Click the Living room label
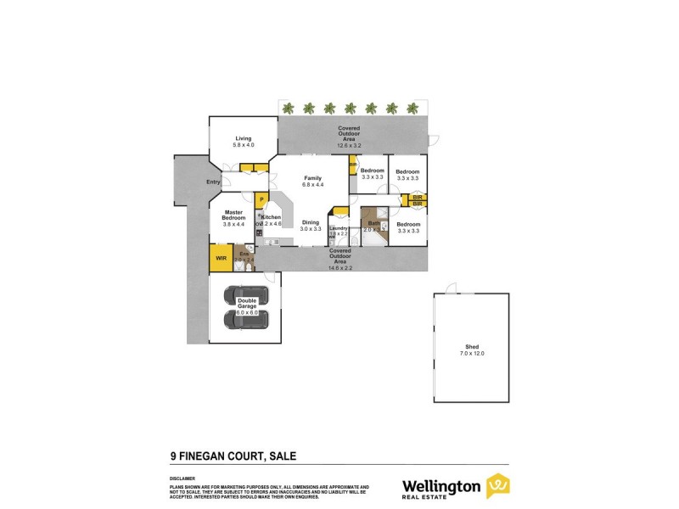(x=244, y=138)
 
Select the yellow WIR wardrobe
(x=221, y=257)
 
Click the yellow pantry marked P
(x=262, y=199)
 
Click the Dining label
(x=311, y=222)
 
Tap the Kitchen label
(x=272, y=217)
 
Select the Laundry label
(x=339, y=227)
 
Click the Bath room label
(x=374, y=223)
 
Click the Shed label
(x=473, y=346)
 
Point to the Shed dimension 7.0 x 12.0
(x=473, y=352)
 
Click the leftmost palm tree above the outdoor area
(x=289, y=108)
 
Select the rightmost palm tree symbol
(x=412, y=108)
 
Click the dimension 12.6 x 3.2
(x=349, y=145)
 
